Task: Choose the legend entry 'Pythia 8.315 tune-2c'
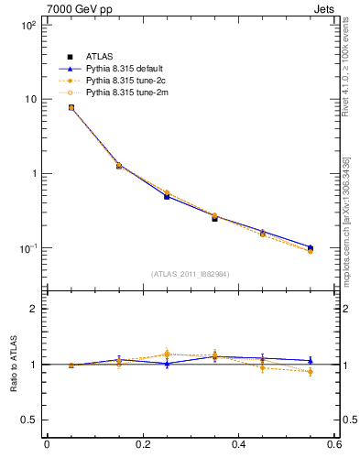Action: click(122, 81)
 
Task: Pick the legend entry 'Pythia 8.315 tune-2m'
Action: click(122, 93)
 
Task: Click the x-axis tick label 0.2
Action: click(142, 445)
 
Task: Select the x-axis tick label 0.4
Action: click(238, 445)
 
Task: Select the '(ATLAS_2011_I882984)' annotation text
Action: click(191, 274)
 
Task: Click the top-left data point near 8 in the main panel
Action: click(71, 107)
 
